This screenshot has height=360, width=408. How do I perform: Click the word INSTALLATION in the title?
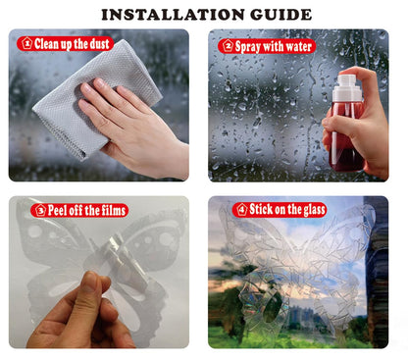tap(173, 15)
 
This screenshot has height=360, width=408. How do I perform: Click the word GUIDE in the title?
tap(281, 15)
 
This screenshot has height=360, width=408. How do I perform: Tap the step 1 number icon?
tap(26, 43)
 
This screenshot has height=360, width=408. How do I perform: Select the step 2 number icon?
tap(228, 46)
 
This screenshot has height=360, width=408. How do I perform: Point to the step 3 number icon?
tap(40, 210)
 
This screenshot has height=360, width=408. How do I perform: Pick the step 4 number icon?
tap(242, 209)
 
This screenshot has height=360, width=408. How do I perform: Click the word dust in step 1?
tap(99, 44)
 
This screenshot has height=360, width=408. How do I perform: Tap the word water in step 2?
tap(298, 46)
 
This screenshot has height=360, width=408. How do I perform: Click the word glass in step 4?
tap(313, 210)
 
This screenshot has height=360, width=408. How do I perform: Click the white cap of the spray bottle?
tap(347, 88)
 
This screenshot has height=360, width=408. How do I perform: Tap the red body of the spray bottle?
tap(346, 136)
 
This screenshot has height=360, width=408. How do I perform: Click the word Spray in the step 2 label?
tap(248, 46)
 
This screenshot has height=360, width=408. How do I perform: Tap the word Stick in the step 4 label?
tap(261, 209)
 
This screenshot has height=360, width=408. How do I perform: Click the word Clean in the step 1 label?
tap(46, 44)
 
